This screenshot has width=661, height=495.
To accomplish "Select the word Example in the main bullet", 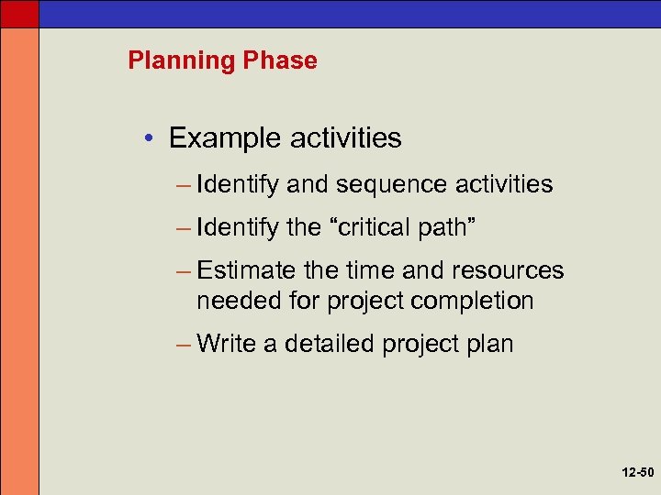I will [224, 138].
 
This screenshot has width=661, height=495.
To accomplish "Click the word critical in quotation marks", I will [376, 227].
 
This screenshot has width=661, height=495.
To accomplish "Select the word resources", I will [509, 270].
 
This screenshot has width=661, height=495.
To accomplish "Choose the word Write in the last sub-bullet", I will [228, 344].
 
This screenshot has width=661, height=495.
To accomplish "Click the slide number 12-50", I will [636, 474].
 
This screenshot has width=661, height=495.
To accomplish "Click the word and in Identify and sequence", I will [308, 185].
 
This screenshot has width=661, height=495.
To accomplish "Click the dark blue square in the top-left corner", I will [19, 13].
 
